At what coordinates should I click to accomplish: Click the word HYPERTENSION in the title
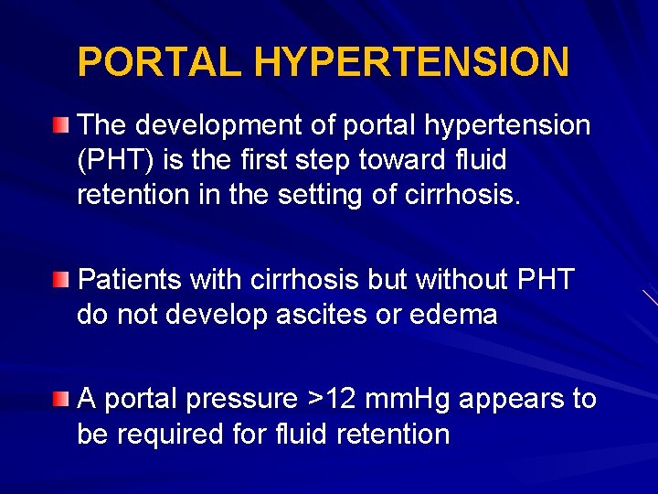pyautogui.click(x=411, y=62)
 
